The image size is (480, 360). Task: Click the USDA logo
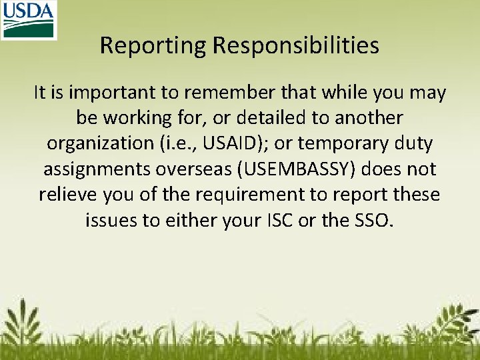click(29, 20)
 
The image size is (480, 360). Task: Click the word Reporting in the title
click(153, 45)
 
